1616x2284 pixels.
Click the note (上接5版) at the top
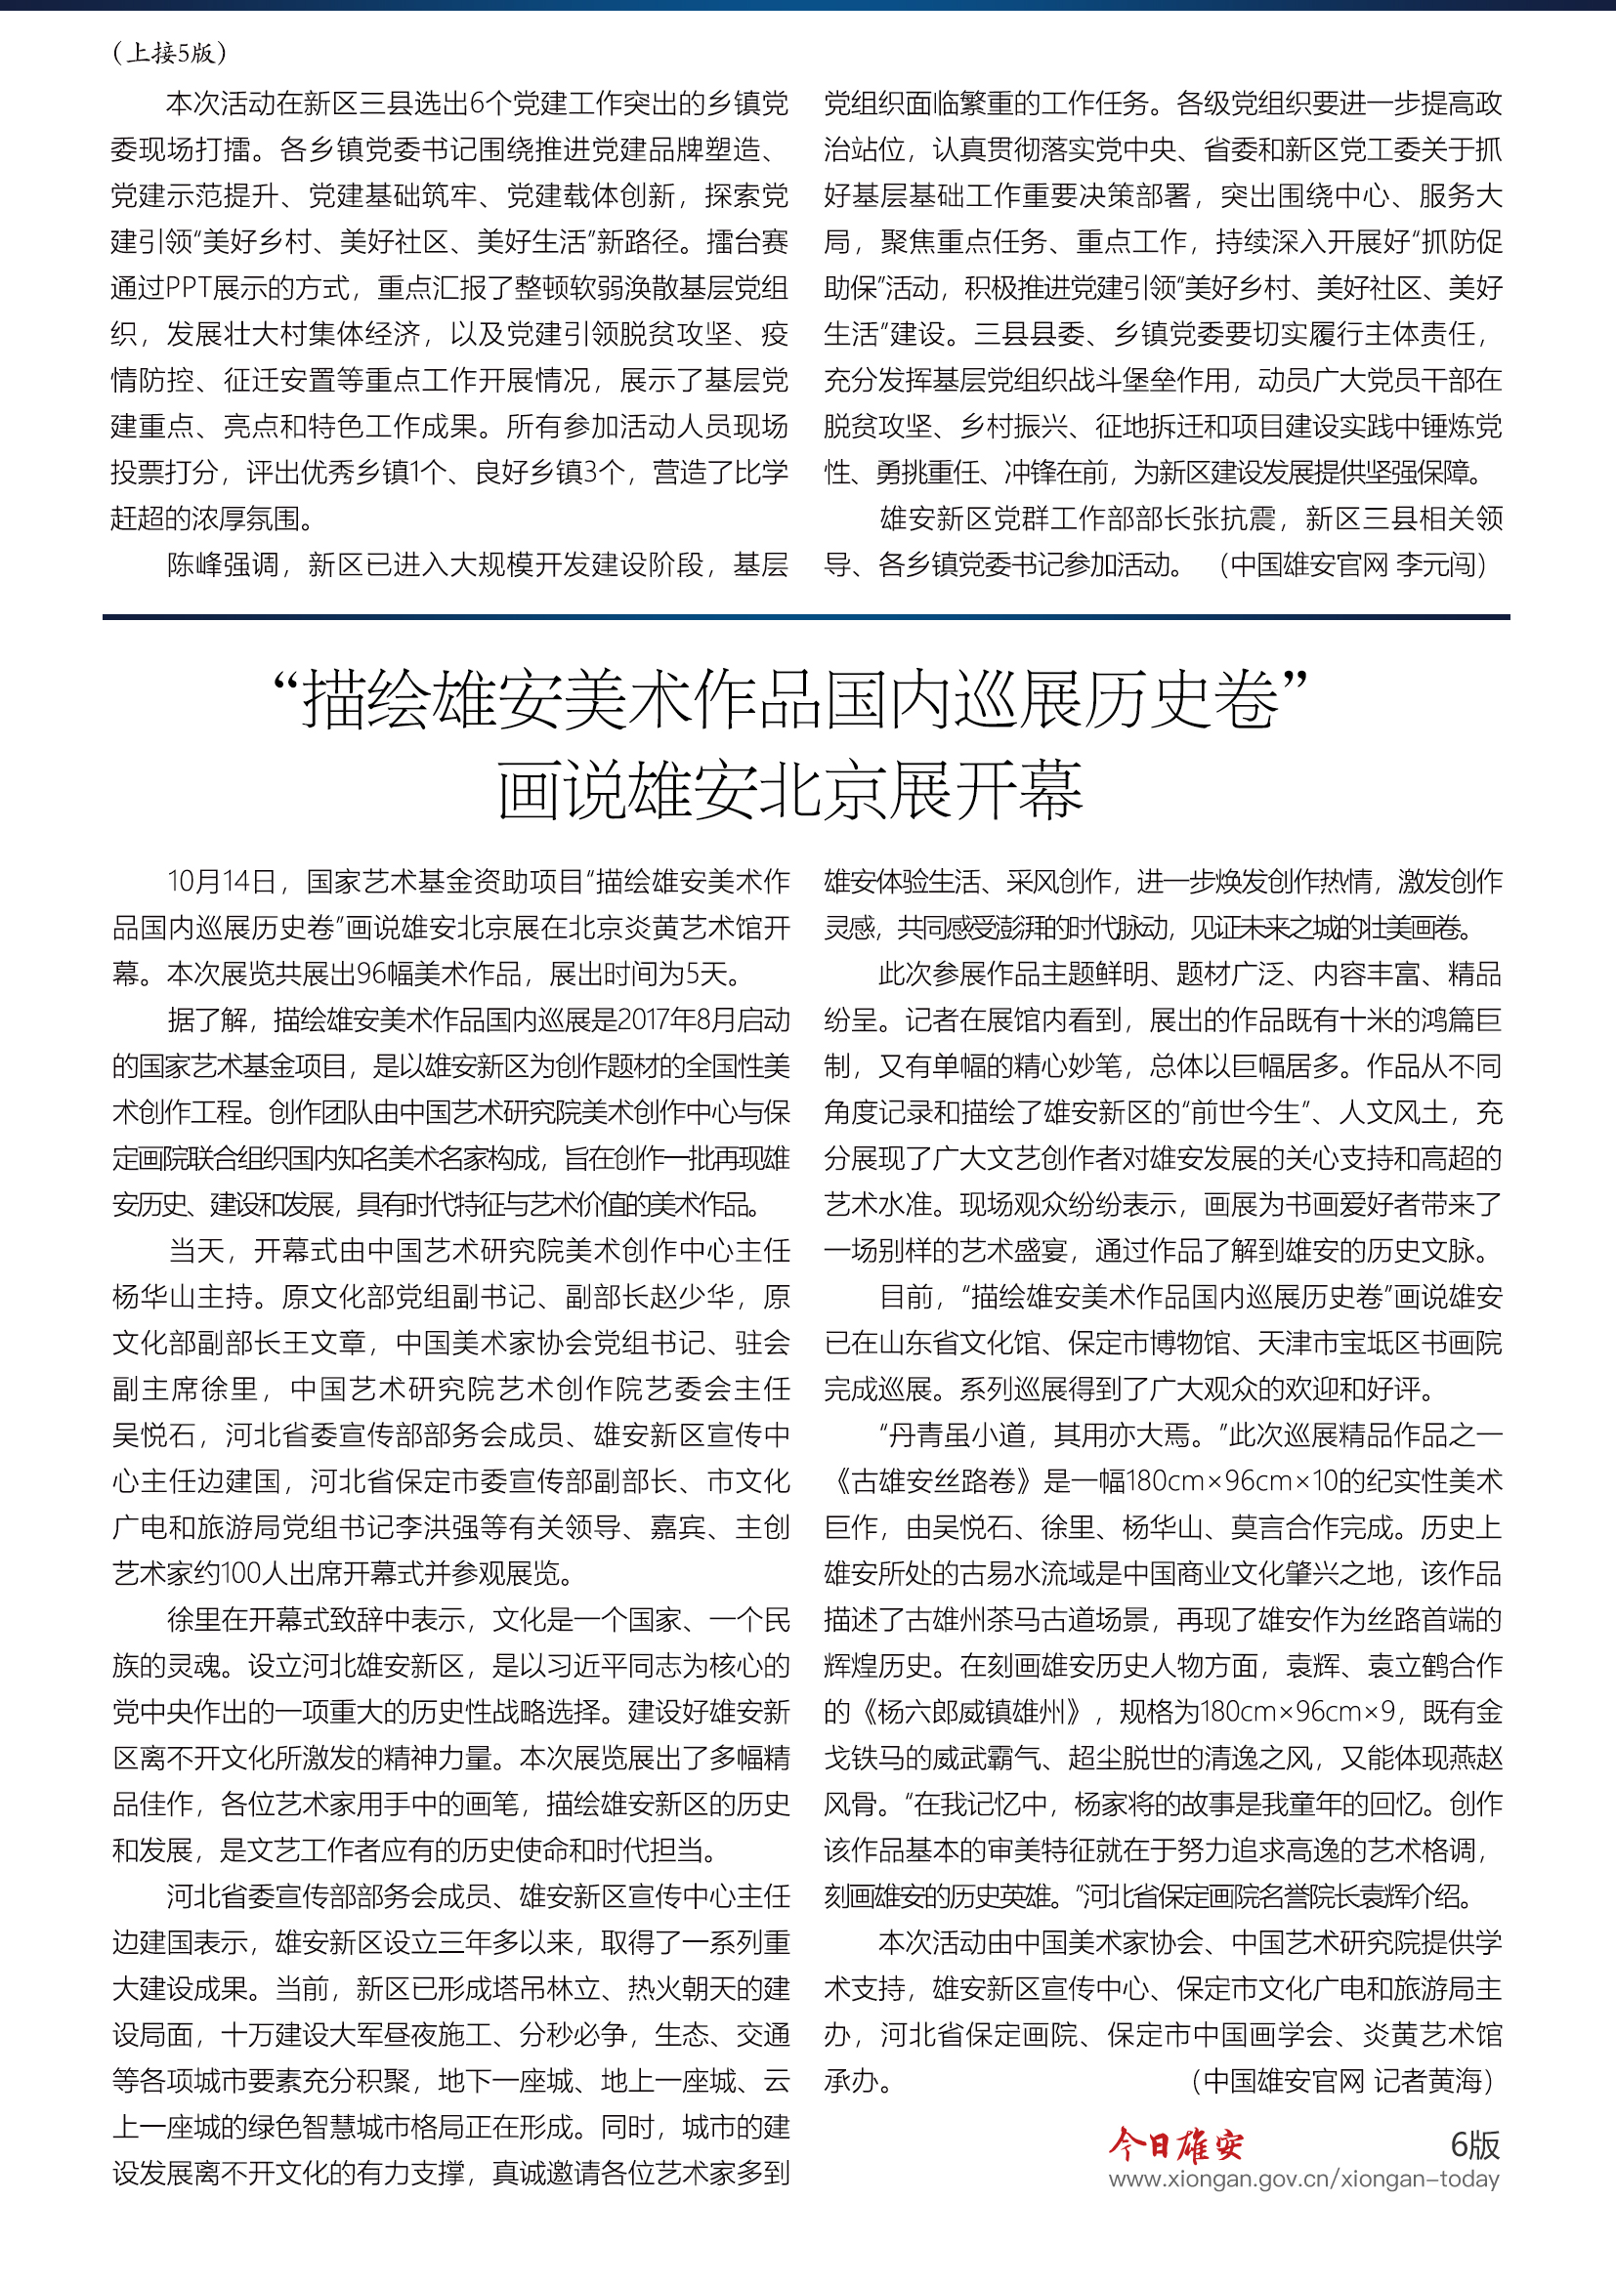click(170, 53)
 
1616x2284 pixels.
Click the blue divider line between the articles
click(806, 618)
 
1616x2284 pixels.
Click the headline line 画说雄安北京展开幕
click(790, 792)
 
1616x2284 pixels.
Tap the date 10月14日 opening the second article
click(221, 882)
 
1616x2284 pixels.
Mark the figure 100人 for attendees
click(241, 1574)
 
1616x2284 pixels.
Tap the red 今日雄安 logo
click(1176, 2146)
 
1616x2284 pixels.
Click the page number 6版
click(1473, 2145)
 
